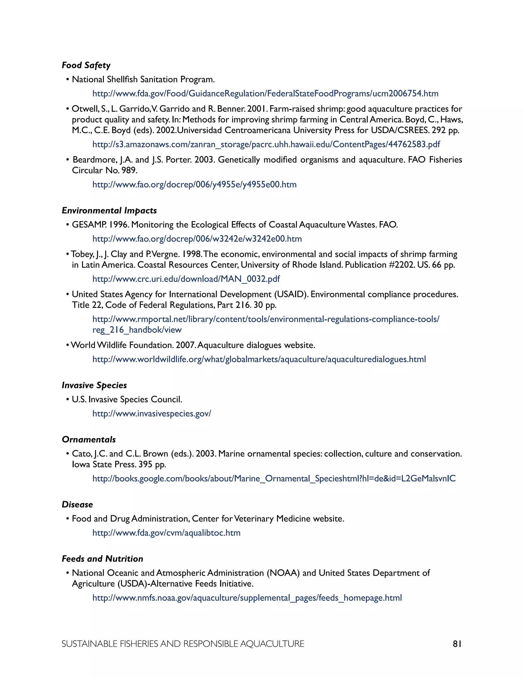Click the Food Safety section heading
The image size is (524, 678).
pyautogui.click(x=86, y=65)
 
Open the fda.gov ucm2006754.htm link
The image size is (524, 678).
pyautogui.click(x=265, y=93)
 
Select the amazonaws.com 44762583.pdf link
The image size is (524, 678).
pyautogui.click(x=266, y=144)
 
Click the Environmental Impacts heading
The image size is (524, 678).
pyautogui.click(x=109, y=211)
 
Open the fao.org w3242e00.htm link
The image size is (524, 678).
pyautogui.click(x=197, y=239)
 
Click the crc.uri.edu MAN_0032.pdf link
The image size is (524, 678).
pyautogui.click(x=186, y=279)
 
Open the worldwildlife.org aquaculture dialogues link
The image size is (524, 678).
pyautogui.click(x=259, y=359)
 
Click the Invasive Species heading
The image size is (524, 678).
pyautogui.click(x=94, y=385)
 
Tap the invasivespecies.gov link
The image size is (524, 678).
pyautogui.click(x=152, y=413)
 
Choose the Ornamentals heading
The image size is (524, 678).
pyautogui.click(x=89, y=440)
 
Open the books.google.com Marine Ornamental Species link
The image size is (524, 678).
pyautogui.click(x=274, y=478)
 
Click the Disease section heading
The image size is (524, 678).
pyautogui.click(x=77, y=505)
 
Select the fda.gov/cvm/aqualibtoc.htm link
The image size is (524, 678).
pyautogui.click(x=166, y=533)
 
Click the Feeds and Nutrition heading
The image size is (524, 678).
pyautogui.click(x=102, y=559)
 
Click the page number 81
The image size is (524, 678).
pyautogui.click(x=457, y=644)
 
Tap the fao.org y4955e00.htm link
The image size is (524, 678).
pyautogui.click(x=195, y=184)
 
